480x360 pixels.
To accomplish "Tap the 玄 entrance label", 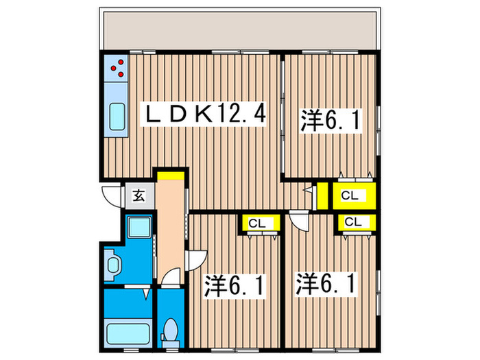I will pyautogui.click(x=138, y=197).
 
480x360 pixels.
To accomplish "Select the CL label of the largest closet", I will pyautogui.click(x=350, y=195).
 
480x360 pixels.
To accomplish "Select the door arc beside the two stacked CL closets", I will pyautogui.click(x=300, y=221).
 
